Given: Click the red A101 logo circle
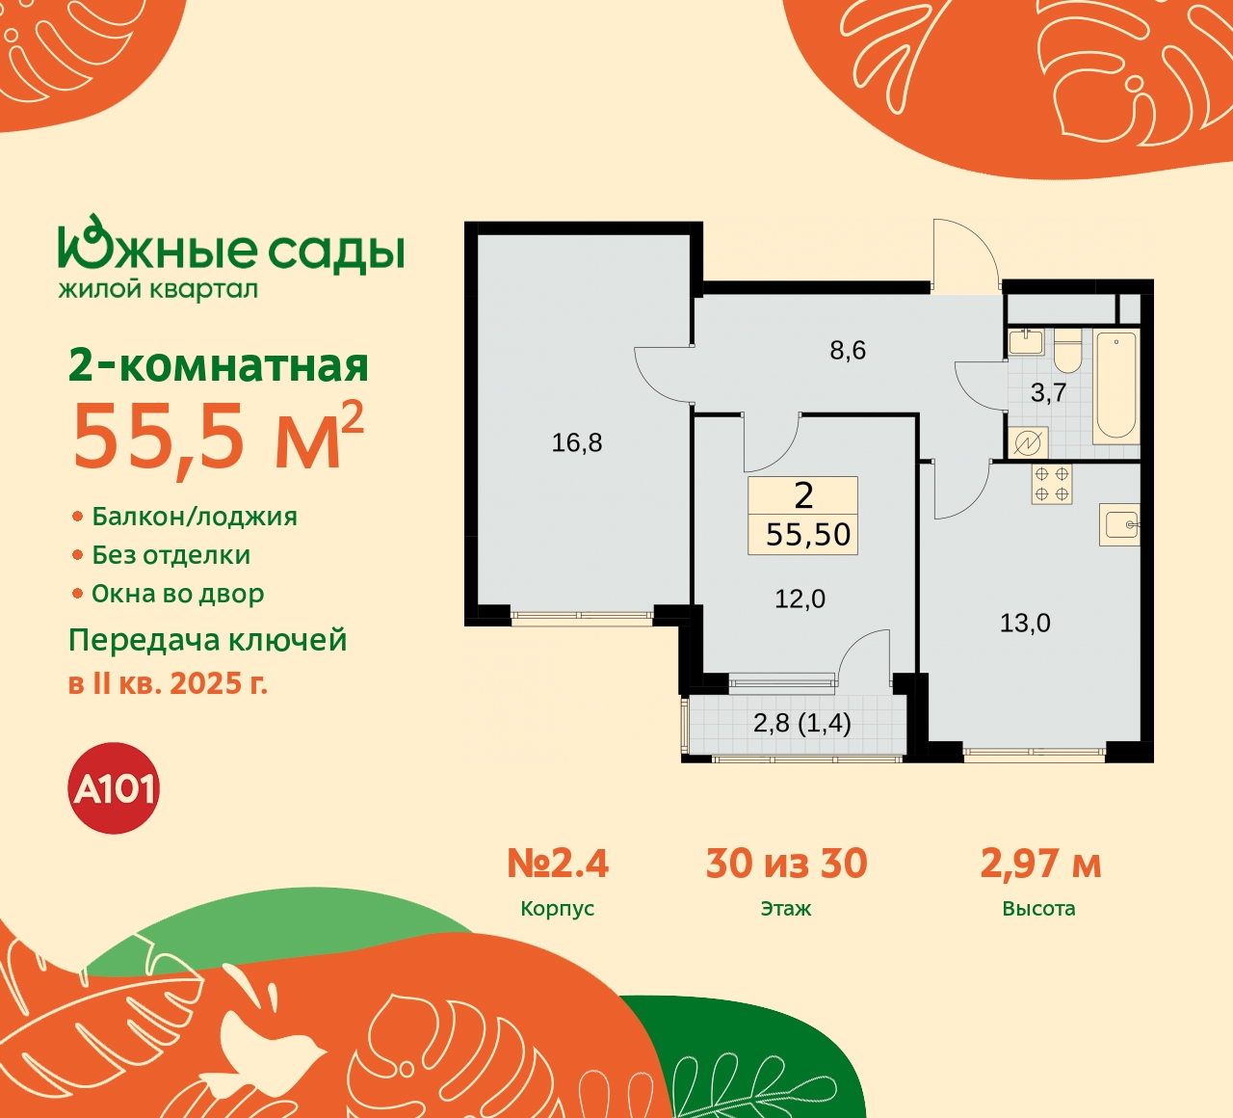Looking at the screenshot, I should point(115,788).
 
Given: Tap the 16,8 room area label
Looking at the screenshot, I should point(577,442).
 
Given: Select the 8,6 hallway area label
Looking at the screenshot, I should point(848,350).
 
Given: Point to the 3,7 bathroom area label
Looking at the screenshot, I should point(1048,392).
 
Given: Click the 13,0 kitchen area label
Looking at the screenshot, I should point(1025,623).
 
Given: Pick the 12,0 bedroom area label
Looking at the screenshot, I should point(800,599).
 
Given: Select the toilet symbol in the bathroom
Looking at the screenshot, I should point(1067,352).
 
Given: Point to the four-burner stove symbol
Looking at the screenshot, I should point(1052,484).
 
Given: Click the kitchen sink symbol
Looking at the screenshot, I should point(1121,525).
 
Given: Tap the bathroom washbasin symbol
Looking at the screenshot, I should point(1027,342).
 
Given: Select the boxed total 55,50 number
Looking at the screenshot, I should point(808,534).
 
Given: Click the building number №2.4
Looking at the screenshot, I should point(558,864).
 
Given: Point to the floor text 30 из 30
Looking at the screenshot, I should point(786,864).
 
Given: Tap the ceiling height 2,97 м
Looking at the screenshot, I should point(1040,864).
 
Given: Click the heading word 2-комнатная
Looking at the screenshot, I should point(219,365).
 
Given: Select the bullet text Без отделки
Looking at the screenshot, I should point(171,555).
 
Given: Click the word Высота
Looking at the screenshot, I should point(1038,909).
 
